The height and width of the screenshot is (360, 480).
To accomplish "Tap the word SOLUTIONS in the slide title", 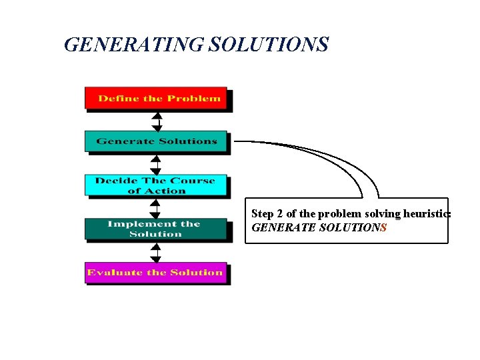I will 269,45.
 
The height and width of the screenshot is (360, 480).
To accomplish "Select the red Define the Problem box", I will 156,98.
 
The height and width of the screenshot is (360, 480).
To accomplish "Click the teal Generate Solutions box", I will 156,141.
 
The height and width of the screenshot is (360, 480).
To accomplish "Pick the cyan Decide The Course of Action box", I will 156,185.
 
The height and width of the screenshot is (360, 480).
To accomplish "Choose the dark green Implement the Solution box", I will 156,229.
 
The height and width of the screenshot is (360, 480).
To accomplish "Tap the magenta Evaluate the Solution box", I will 156,273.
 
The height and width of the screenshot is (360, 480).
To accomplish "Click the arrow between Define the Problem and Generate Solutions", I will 157,120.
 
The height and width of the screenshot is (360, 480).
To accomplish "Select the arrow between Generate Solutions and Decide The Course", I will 156,164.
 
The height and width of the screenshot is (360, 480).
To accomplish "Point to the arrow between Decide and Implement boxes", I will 155,207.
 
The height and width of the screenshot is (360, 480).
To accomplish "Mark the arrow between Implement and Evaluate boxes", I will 155,251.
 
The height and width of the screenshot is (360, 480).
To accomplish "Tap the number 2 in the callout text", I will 279,214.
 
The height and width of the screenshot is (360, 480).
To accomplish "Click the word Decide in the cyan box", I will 113,181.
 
